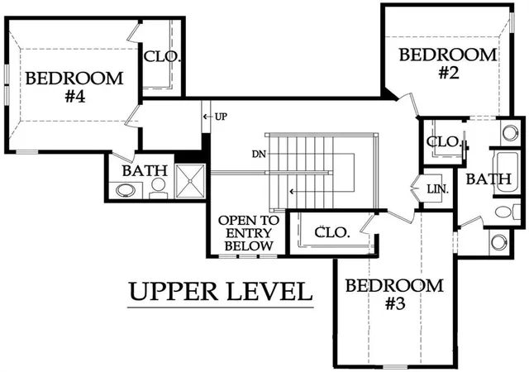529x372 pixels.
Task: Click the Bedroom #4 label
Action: point(74,87)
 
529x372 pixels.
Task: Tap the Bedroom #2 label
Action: point(448,64)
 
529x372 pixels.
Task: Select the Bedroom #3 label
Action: point(394,294)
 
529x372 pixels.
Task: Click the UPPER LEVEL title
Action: point(221,292)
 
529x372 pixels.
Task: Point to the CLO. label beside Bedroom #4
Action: point(162,56)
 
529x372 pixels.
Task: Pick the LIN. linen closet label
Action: point(438,189)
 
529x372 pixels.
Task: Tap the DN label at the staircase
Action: point(259,155)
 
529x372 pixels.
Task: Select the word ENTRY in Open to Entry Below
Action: point(249,233)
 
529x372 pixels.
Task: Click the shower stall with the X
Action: point(190,180)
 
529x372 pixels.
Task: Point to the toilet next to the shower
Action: point(158,188)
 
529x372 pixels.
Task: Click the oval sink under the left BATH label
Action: point(126,190)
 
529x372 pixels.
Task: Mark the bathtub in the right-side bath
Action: point(506,172)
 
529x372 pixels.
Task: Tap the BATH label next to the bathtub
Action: point(488,179)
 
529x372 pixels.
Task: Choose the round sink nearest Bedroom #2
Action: point(509,132)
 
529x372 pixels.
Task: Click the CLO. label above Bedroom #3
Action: point(332,232)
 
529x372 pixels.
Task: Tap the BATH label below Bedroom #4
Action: point(145,171)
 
